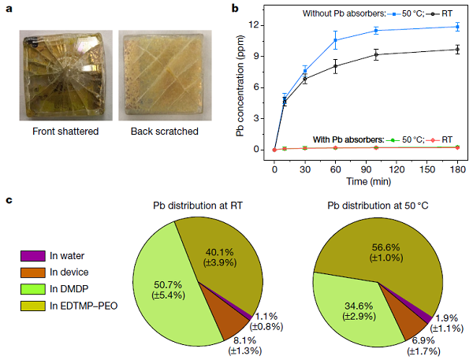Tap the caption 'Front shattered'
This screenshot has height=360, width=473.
pos(65,131)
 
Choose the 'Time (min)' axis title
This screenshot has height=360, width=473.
pos(366,180)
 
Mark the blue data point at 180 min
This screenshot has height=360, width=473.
pos(457,27)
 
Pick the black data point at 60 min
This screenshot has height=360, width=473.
pos(335,66)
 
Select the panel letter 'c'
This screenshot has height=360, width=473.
pos(9,201)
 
